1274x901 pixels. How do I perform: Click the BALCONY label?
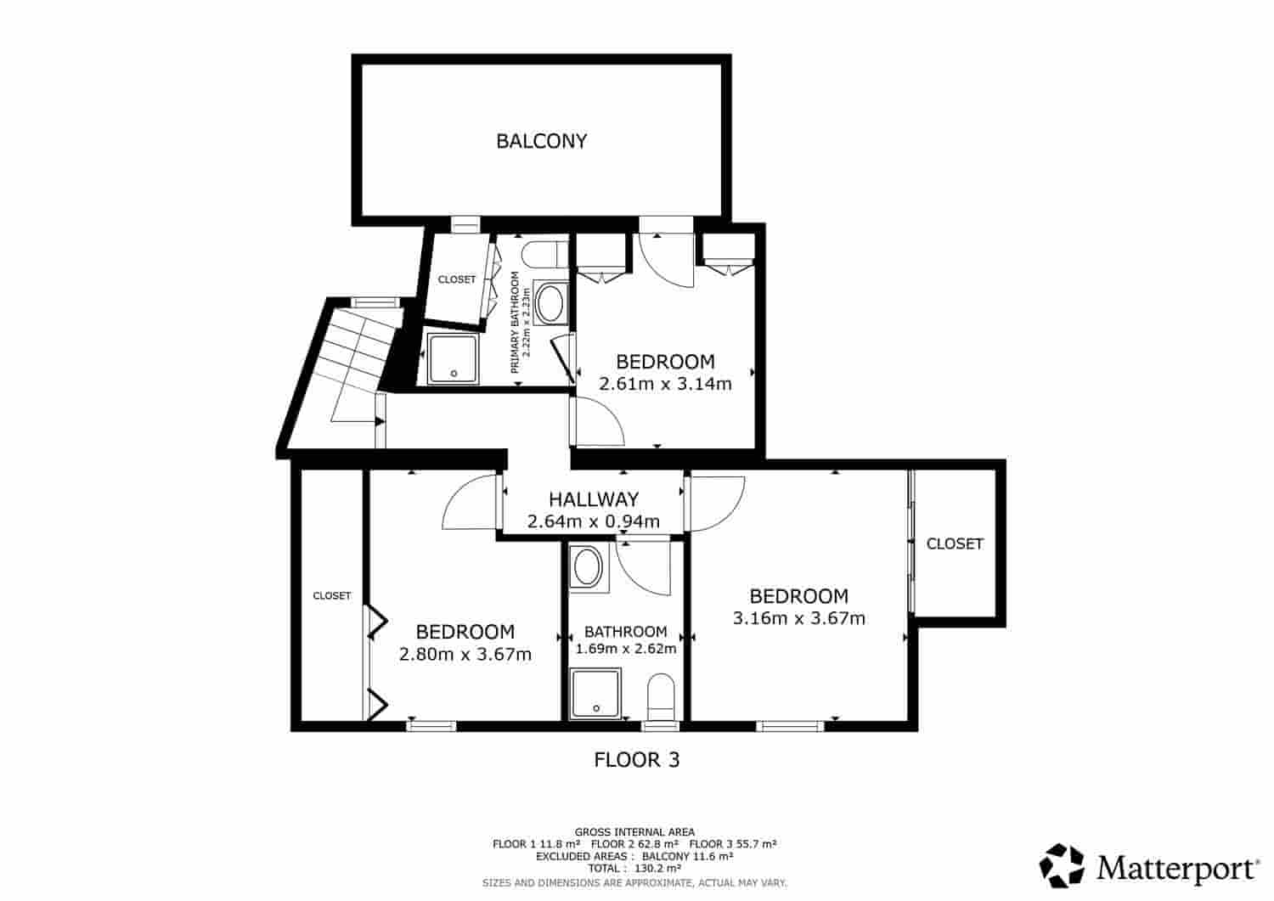click(x=541, y=141)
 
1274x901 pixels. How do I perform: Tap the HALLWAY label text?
click(x=593, y=500)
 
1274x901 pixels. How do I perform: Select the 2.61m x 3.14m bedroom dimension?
click(x=665, y=384)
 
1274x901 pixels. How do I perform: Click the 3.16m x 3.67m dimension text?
click(x=798, y=618)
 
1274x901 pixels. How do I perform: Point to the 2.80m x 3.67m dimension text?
click(x=465, y=654)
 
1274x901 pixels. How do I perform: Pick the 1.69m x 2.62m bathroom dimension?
click(x=625, y=649)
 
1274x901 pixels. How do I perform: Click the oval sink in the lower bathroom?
click(x=586, y=566)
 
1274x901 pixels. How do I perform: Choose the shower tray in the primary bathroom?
click(x=452, y=358)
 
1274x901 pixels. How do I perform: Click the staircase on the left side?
click(x=357, y=365)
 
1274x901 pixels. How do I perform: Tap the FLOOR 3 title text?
click(x=636, y=759)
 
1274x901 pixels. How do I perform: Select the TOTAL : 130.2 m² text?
click(x=634, y=868)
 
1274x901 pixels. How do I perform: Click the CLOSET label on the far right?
click(x=955, y=543)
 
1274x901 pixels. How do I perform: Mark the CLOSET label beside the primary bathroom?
click(x=457, y=279)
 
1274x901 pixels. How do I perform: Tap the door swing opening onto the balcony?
click(x=666, y=259)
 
